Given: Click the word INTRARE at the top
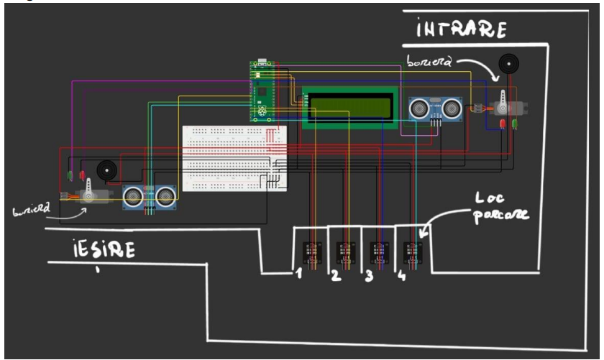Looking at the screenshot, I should click(x=462, y=29).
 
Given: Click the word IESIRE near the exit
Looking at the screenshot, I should click(x=104, y=249).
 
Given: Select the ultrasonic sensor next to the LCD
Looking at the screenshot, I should click(x=435, y=109).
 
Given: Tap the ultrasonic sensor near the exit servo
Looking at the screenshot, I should click(x=149, y=195).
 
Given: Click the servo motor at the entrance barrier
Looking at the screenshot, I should click(x=508, y=106).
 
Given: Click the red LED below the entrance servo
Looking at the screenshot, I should click(x=502, y=125).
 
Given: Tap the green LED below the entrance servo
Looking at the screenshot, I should click(x=515, y=125).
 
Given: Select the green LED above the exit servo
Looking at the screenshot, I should click(x=69, y=175).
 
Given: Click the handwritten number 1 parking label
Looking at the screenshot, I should click(x=296, y=274).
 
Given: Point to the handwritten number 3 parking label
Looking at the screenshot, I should click(x=368, y=276).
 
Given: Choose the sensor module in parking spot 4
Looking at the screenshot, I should click(x=413, y=253).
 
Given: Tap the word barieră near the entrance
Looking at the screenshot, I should click(x=429, y=63).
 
